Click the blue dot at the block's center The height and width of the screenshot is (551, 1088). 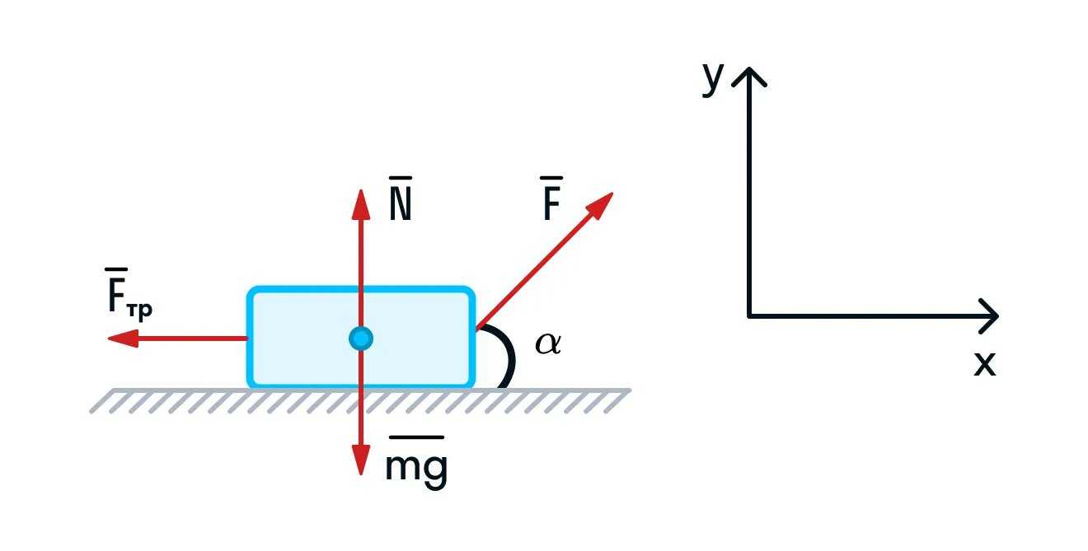coord(360,338)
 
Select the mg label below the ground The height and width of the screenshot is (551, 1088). coord(416,468)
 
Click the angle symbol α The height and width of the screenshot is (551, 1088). coord(547,343)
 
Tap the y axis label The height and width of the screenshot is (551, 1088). coord(713,79)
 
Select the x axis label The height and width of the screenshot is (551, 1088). coord(984,363)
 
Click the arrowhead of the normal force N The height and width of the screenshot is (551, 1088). coord(360,203)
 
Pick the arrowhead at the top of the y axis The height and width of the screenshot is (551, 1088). coord(748,76)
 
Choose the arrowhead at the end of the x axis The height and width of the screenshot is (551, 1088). coord(989,315)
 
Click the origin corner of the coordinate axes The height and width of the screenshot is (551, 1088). coord(748,315)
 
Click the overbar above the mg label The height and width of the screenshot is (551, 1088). coord(416,437)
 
